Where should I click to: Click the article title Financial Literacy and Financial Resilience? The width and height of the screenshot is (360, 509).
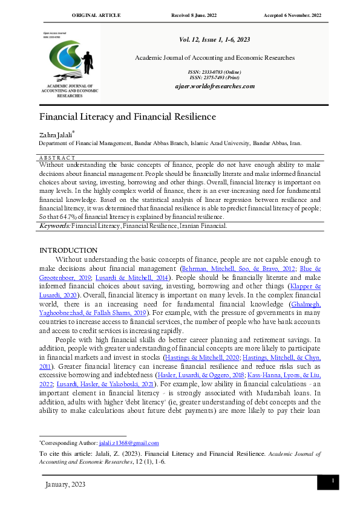pyautogui.click(x=128, y=117)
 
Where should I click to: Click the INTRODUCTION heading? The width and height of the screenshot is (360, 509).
pyautogui.click(x=68, y=250)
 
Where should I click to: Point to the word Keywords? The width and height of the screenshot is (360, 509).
pyautogui.click(x=55, y=225)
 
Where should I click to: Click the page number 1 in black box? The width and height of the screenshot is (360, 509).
pyautogui.click(x=332, y=481)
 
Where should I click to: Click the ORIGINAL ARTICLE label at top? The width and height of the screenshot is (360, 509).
pyautogui.click(x=96, y=15)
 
